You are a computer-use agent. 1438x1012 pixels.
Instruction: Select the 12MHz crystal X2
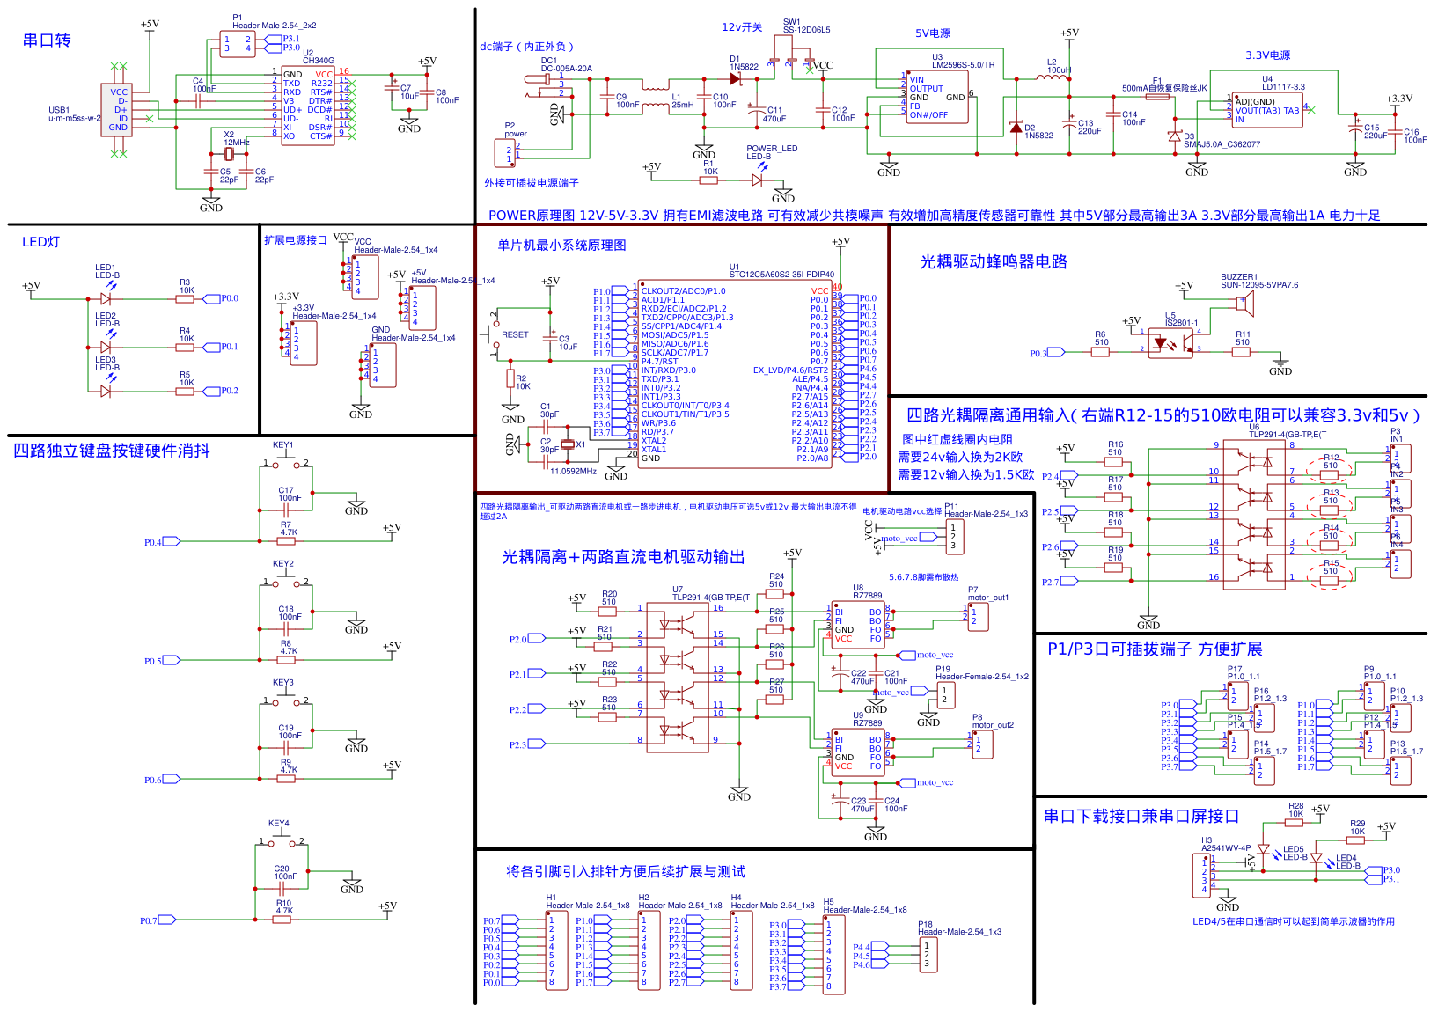point(229,154)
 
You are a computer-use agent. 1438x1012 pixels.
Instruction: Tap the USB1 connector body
point(118,110)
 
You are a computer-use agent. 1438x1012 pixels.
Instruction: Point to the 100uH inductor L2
point(1051,77)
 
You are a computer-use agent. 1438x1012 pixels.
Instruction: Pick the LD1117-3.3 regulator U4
point(1267,110)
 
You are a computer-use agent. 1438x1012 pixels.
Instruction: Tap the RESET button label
point(515,335)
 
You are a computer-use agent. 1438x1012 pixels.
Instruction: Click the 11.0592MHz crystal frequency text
point(573,472)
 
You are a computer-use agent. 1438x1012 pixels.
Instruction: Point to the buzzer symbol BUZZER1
point(1243,303)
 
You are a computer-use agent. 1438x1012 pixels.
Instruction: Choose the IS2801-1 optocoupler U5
point(1170,343)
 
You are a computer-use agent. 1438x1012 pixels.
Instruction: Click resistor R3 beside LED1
point(185,299)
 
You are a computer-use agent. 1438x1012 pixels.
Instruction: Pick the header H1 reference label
point(551,898)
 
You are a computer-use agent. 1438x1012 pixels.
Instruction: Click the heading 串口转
point(47,40)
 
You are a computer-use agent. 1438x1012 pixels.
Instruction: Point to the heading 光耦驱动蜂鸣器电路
point(993,262)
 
